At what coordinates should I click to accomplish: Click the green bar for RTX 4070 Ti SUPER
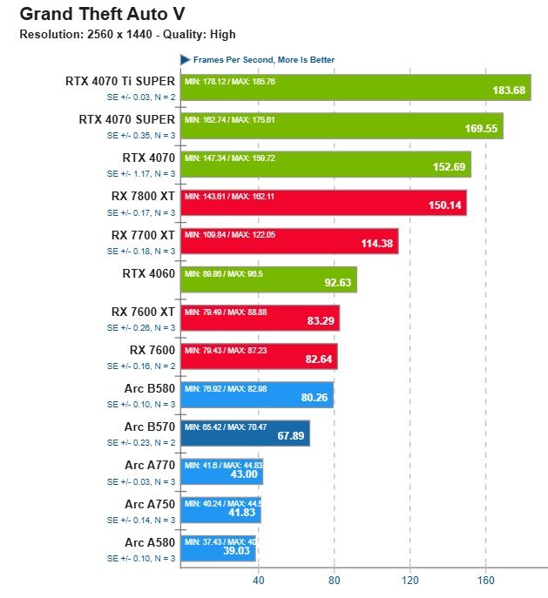point(355,88)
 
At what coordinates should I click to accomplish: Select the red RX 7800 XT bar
point(323,203)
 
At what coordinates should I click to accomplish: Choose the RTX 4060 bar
point(268,279)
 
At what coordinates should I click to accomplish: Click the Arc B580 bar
point(257,394)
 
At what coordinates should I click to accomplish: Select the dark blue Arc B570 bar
point(245,433)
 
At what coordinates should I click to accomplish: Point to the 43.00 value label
point(243,474)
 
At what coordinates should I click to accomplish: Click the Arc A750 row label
point(150,504)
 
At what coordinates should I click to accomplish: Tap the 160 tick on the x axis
point(486,581)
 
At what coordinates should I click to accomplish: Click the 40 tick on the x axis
point(258,581)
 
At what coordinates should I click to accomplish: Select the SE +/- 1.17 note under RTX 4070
point(141,173)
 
